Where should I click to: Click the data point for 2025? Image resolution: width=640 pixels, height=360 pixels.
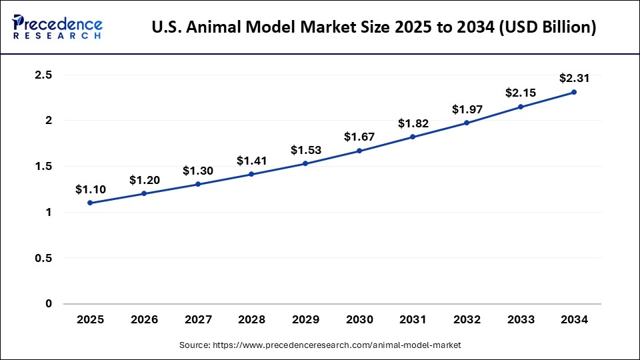click(x=90, y=203)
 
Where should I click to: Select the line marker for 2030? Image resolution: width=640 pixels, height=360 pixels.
click(x=359, y=151)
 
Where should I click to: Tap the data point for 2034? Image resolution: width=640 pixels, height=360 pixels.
click(x=574, y=92)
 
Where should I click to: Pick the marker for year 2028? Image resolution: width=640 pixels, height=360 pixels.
click(x=251, y=174)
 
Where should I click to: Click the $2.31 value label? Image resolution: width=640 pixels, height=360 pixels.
click(x=574, y=78)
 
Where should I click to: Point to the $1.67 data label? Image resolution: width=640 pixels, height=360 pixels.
click(x=359, y=137)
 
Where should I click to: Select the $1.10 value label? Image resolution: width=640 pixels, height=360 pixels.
click(x=90, y=189)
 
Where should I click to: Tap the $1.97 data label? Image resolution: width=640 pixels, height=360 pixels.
click(x=467, y=109)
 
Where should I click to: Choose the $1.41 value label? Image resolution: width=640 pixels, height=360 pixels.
click(x=251, y=160)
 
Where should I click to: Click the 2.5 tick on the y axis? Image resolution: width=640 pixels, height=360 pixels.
click(x=43, y=75)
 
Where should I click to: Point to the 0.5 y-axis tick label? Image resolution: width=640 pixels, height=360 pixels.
click(x=43, y=258)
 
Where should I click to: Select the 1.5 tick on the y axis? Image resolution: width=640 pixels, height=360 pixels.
click(x=43, y=167)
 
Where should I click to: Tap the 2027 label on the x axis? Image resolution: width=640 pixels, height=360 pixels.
click(x=197, y=320)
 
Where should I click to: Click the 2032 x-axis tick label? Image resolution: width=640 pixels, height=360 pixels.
click(x=467, y=320)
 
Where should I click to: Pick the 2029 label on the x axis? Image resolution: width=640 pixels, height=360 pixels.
click(x=305, y=320)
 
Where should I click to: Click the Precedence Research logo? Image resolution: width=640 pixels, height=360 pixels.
click(x=57, y=27)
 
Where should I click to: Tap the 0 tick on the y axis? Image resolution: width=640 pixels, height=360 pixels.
click(x=48, y=304)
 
